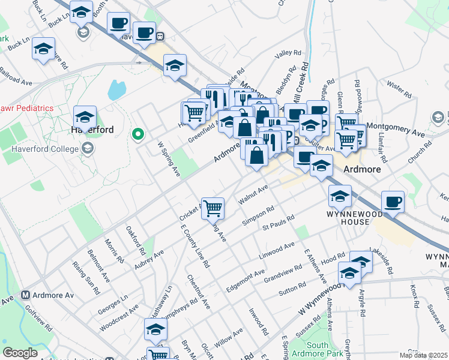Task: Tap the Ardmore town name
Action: click(x=363, y=170)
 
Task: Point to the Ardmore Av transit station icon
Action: click(x=26, y=295)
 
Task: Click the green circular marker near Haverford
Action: click(x=138, y=134)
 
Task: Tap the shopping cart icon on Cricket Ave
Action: click(x=213, y=209)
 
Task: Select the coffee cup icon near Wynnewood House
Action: click(x=393, y=202)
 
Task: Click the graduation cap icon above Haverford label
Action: click(x=85, y=116)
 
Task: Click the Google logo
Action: click(x=20, y=353)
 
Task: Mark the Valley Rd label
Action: click(x=287, y=55)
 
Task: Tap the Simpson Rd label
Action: click(x=258, y=216)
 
